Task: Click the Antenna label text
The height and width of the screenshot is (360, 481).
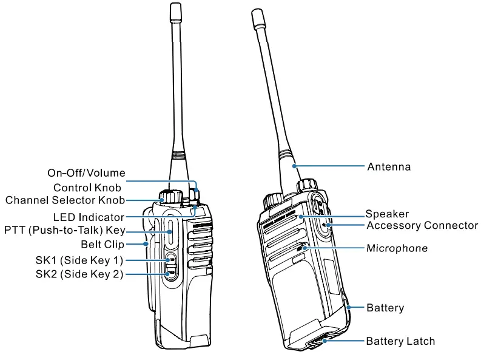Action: coord(389,166)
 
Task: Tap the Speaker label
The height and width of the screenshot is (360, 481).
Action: coord(387,214)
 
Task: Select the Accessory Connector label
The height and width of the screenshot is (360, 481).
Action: coord(422,225)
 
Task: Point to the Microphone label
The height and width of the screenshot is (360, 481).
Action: coord(397,248)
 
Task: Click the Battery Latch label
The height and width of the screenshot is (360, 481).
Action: coord(400,341)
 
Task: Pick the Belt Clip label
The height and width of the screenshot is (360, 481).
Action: coord(103,245)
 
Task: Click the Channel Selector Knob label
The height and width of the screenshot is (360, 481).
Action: coord(65,200)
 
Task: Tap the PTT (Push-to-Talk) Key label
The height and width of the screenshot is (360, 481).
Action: coord(64,230)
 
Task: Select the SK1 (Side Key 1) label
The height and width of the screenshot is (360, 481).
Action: coord(79,260)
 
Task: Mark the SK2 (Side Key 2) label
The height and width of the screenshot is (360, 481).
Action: coord(79,274)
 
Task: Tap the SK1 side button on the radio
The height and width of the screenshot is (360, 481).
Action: coord(170,260)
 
